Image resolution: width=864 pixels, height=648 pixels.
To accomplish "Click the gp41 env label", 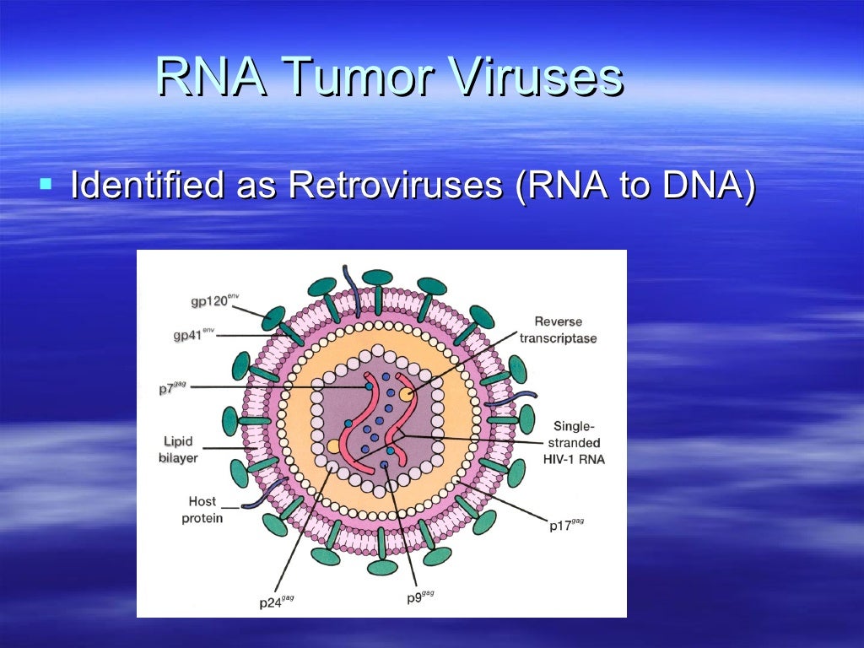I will (x=193, y=335).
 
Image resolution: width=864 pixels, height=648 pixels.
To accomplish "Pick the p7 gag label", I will (x=172, y=387).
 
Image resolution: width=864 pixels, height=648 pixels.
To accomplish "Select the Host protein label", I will (x=202, y=510).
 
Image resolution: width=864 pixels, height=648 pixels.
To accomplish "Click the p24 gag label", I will (x=277, y=602).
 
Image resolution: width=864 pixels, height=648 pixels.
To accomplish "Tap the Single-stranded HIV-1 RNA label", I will (x=577, y=442).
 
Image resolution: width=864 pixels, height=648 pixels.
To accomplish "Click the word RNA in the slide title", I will (x=212, y=78).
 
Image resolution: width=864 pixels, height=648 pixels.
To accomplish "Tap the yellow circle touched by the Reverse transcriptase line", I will (x=407, y=393).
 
